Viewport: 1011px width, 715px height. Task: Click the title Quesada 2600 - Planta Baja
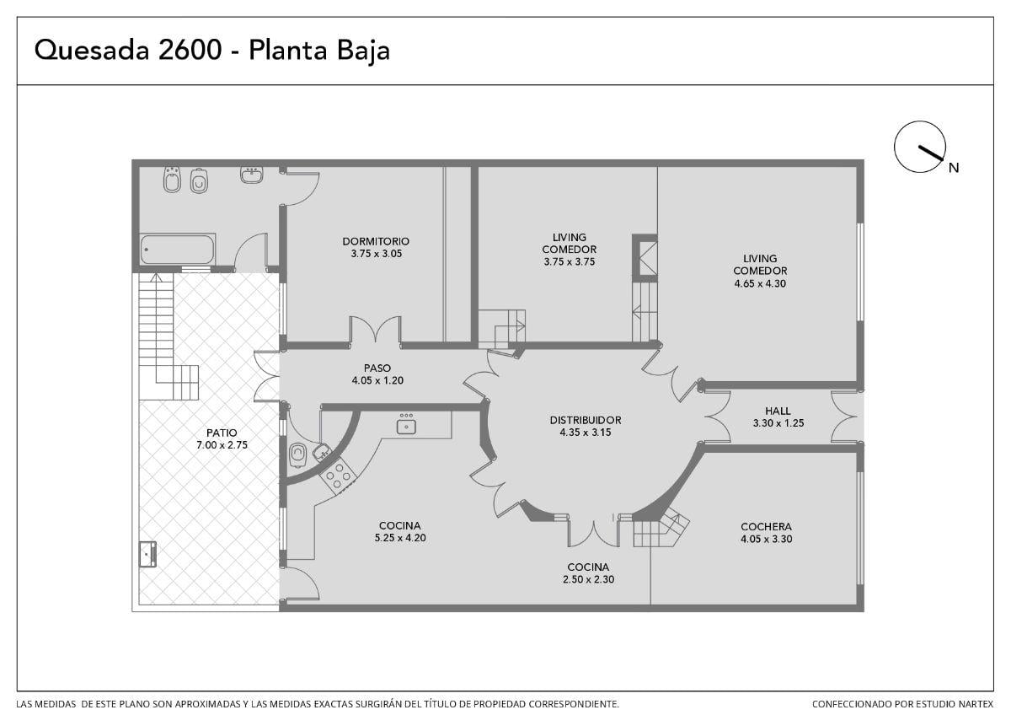coord(211,50)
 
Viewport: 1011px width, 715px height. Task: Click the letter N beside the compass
coord(953,168)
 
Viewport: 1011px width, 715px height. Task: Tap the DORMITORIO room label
coord(376,242)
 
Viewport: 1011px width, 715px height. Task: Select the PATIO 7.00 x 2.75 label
coord(222,438)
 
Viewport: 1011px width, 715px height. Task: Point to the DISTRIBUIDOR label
coord(586,420)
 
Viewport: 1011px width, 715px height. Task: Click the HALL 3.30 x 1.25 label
coord(778,417)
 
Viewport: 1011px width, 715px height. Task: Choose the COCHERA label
coord(766,527)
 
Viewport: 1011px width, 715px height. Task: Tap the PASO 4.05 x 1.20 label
coord(377,374)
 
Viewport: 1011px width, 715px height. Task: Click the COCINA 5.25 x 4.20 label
coord(400,532)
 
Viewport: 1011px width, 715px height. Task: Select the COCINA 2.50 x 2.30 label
coord(588,573)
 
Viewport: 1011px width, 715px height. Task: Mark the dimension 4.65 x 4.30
coord(760,283)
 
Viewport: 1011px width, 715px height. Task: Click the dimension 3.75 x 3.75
coord(570,261)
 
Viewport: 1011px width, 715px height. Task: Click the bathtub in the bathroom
coord(177,250)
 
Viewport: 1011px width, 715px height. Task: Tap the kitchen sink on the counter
coord(406,426)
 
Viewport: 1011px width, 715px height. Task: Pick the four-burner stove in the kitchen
coord(338,476)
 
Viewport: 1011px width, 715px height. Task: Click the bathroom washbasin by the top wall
coord(251,175)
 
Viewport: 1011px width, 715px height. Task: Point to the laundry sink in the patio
coord(147,554)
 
